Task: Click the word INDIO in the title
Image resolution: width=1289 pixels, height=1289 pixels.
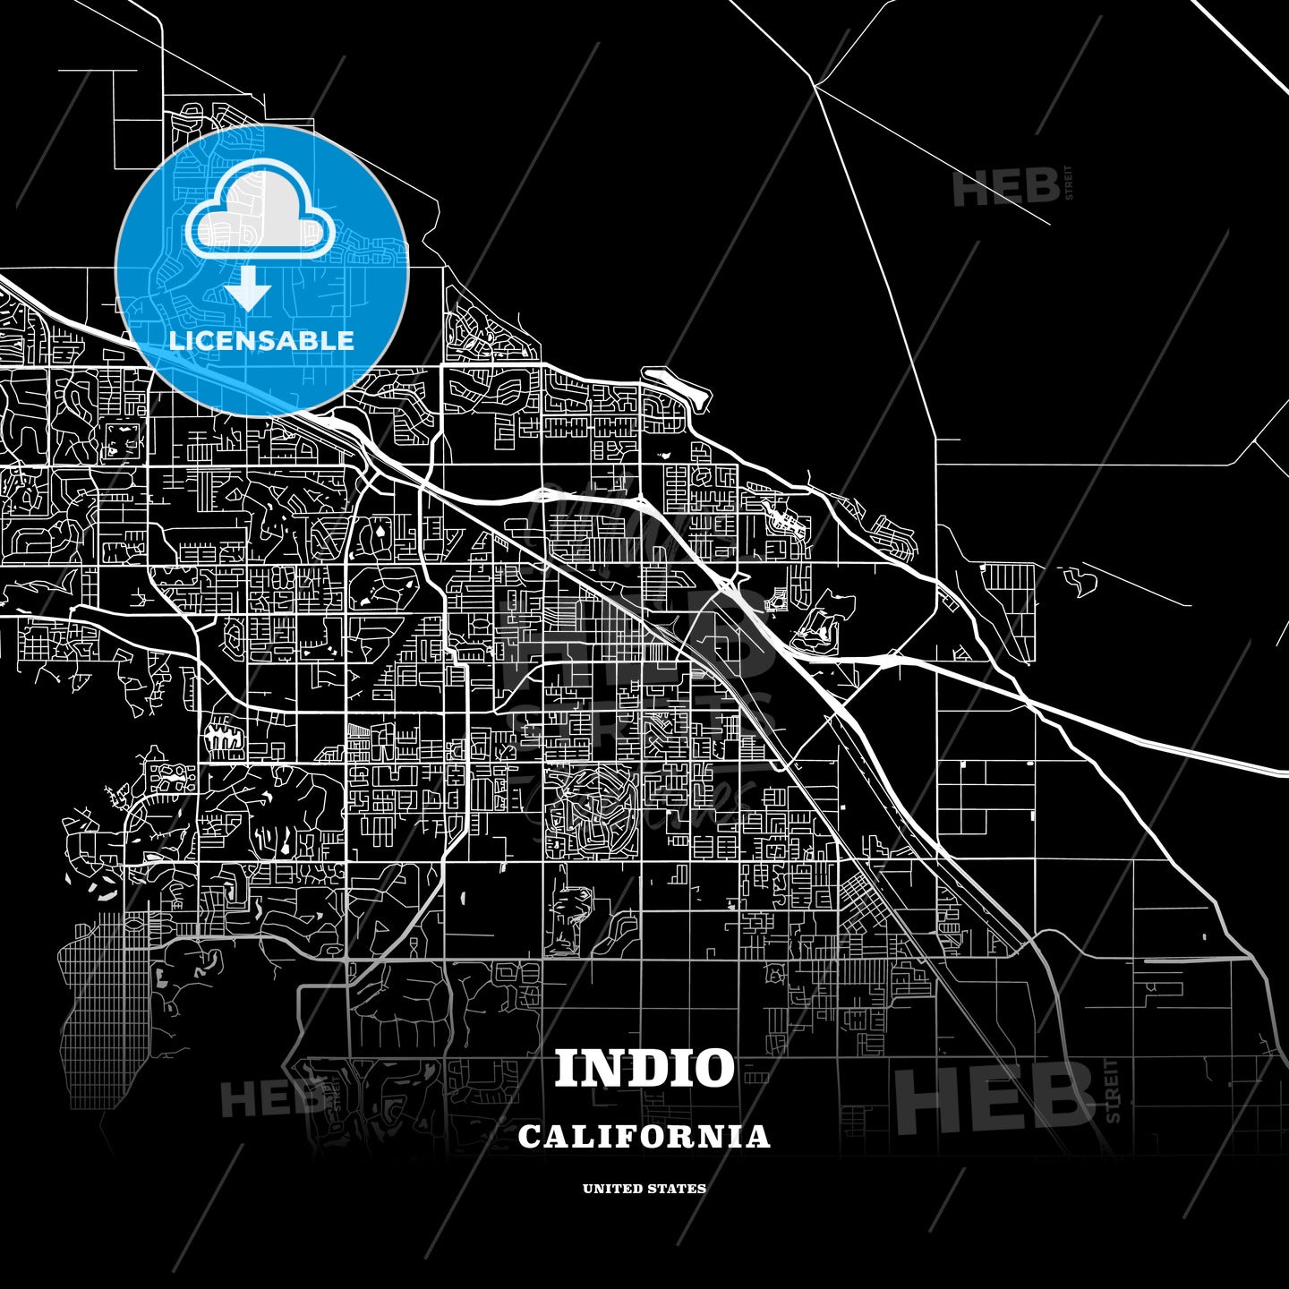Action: [644, 1068]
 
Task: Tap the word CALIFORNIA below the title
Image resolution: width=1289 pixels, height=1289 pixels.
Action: [644, 1137]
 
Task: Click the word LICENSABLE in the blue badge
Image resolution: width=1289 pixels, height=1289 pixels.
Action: [261, 340]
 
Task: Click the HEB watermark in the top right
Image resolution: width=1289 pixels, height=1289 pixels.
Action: [1005, 188]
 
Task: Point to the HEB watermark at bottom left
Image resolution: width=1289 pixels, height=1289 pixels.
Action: [269, 1098]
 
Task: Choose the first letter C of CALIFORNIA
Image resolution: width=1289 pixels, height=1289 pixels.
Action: [529, 1137]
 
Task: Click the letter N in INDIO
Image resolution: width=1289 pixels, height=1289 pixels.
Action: [599, 1068]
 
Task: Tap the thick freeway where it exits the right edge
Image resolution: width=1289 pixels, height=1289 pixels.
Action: [1280, 770]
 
